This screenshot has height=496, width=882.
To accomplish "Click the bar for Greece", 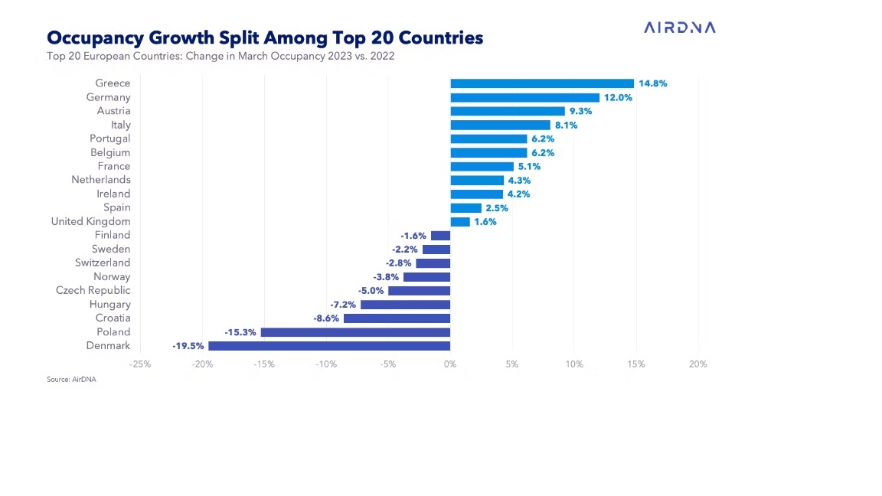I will tap(542, 83).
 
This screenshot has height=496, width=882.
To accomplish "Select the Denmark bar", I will tap(329, 346).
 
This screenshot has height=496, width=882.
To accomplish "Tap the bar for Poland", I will tap(355, 332).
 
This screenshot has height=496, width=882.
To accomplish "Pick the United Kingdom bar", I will tap(460, 222).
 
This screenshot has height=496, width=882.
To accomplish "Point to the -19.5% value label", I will tap(188, 346).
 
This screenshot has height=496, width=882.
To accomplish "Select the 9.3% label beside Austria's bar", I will tap(581, 111).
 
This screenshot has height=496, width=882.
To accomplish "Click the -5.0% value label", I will tap(371, 291).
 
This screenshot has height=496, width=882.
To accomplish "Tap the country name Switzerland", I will tap(103, 263).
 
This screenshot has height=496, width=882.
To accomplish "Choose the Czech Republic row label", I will tap(93, 290).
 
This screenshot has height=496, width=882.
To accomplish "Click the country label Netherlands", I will tap(101, 180).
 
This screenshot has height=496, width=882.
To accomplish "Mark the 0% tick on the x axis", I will tap(450, 364).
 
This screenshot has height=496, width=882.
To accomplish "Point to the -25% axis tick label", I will tap(141, 364).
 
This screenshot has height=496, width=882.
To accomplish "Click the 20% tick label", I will tap(697, 364).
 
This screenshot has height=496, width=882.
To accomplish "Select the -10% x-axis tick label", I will tap(326, 364).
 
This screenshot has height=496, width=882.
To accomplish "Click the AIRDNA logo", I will tap(680, 28).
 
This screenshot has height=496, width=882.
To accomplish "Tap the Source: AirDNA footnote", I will tap(72, 379).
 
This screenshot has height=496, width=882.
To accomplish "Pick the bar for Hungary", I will tap(405, 305).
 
